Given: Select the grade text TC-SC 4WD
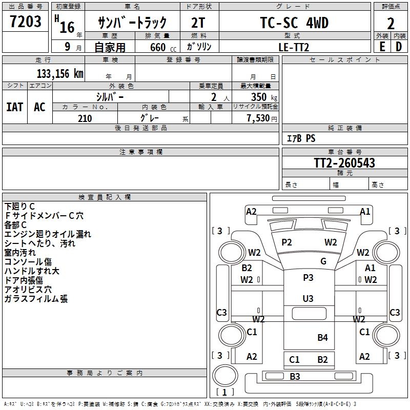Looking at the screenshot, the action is [294, 23].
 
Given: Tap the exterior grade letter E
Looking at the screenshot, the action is [382, 46].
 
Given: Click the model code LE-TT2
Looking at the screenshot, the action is [294, 47].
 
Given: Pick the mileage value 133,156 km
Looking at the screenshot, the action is [60, 73].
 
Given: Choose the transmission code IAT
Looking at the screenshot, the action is [15, 107].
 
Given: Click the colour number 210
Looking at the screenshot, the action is [85, 118].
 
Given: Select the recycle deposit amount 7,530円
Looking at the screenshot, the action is [261, 118].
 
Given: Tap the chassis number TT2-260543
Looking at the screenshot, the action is [344, 163].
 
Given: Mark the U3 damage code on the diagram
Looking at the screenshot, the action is [308, 298].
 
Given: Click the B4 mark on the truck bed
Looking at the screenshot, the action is [322, 337].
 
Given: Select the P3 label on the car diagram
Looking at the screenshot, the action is [308, 278].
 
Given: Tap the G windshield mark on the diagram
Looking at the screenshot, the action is [323, 261].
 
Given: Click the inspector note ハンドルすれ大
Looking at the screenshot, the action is [32, 271].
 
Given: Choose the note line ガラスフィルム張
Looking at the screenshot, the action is [36, 299].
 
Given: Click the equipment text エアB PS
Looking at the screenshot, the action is [301, 138].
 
